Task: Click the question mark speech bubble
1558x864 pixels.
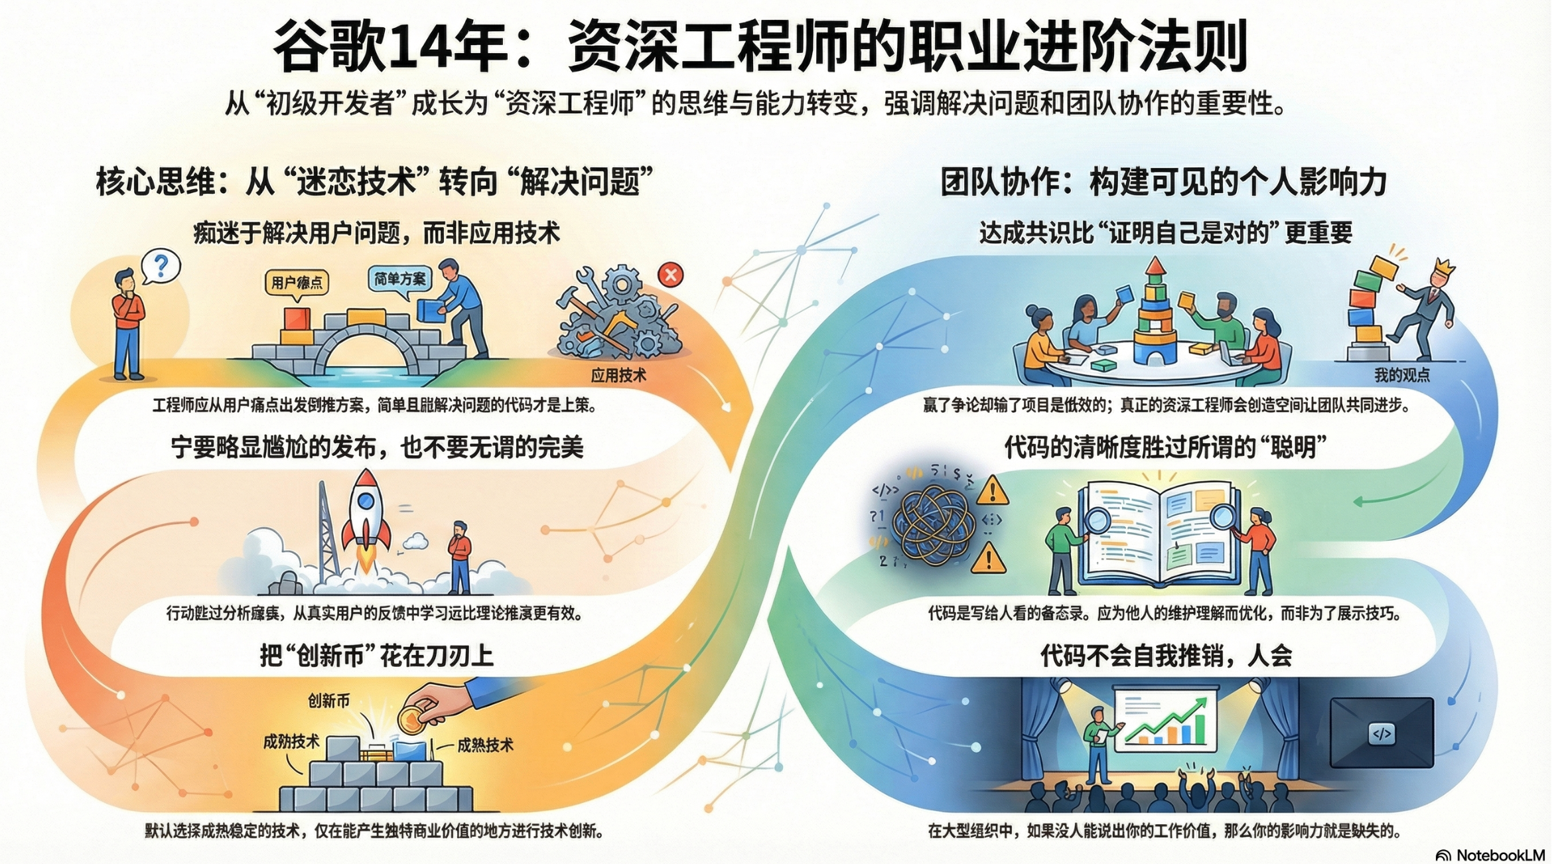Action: coord(160,267)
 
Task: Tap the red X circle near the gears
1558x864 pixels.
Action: coord(670,274)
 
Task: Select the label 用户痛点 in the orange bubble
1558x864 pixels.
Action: coord(297,283)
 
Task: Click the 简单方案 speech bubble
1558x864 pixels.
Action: coord(399,279)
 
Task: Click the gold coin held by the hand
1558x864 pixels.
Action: coord(410,719)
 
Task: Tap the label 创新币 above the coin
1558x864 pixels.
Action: coord(328,701)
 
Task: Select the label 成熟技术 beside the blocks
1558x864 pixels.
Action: coord(485,745)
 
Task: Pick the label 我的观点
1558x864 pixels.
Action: coord(1401,376)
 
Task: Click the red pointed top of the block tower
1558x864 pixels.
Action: coord(1155,266)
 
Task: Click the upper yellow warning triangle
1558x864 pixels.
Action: coord(993,491)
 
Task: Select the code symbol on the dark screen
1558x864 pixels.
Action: coord(1382,734)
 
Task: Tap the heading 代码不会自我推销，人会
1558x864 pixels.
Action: coord(1166,656)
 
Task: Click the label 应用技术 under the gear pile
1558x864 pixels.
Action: coord(618,376)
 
